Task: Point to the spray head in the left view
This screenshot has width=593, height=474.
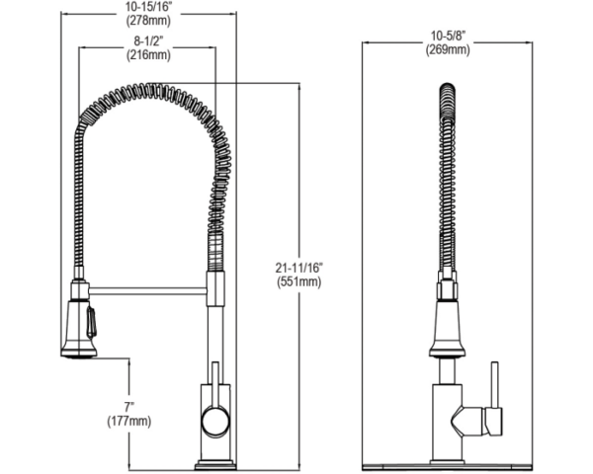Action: (80, 324)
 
